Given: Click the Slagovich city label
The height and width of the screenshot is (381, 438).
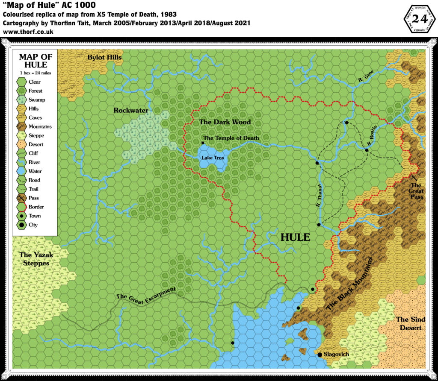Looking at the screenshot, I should [x=337, y=355].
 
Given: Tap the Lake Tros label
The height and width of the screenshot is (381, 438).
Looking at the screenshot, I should [x=213, y=158].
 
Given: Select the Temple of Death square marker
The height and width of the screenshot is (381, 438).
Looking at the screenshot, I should [x=203, y=143].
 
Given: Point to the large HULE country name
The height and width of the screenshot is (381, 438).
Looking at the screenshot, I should [x=295, y=237].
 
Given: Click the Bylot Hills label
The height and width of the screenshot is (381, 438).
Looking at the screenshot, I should [x=104, y=57].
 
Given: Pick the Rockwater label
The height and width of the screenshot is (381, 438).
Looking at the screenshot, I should [x=131, y=111].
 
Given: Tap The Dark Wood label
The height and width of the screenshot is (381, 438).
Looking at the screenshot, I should [x=225, y=122].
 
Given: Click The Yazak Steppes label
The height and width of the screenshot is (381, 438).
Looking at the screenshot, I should [x=36, y=259].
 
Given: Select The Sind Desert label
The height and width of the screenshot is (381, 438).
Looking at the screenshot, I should [x=411, y=324].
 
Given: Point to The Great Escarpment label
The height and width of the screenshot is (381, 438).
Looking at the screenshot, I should [x=146, y=294].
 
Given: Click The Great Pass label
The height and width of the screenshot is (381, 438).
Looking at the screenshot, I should [x=417, y=191].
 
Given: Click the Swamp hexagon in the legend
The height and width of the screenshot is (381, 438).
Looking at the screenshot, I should [x=21, y=100].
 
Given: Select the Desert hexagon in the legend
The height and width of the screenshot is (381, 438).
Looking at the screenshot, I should [x=21, y=145].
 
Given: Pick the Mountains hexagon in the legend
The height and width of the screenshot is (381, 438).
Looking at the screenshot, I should [x=21, y=127].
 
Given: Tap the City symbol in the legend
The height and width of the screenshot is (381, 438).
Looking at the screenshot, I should [x=21, y=225].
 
